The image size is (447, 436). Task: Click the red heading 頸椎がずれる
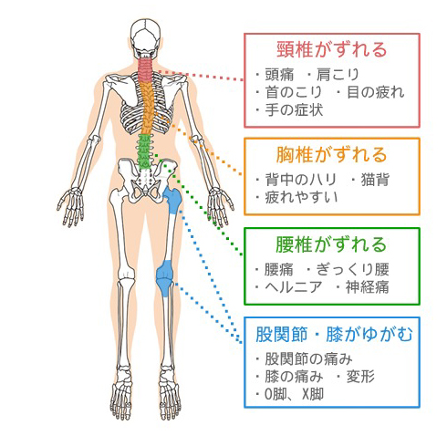pos(332,50)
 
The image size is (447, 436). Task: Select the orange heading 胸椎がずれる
pos(332,154)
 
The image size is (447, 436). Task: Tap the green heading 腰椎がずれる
pos(331,244)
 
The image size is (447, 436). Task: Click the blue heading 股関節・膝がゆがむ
pos(334,334)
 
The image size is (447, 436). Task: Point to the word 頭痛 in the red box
pos(279,75)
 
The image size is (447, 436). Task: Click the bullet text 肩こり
pos(338,75)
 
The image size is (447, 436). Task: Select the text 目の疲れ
pos(376,92)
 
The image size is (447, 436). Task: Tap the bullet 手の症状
pos(294,109)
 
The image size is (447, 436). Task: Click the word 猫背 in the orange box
pos(375,180)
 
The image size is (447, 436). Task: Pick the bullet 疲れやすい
pos(301,197)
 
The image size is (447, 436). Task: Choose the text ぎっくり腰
pos(353,269)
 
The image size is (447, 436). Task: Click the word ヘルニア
pos(294,286)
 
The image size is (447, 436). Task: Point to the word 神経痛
pos(367,286)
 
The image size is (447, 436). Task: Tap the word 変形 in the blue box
pos(360,377)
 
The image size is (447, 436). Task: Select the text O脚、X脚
pos(294,394)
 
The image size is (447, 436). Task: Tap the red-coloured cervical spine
pos(145,69)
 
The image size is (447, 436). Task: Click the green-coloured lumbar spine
pos(144,151)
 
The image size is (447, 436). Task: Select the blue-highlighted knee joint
pos(165,278)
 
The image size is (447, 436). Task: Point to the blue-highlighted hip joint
pos(172,200)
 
